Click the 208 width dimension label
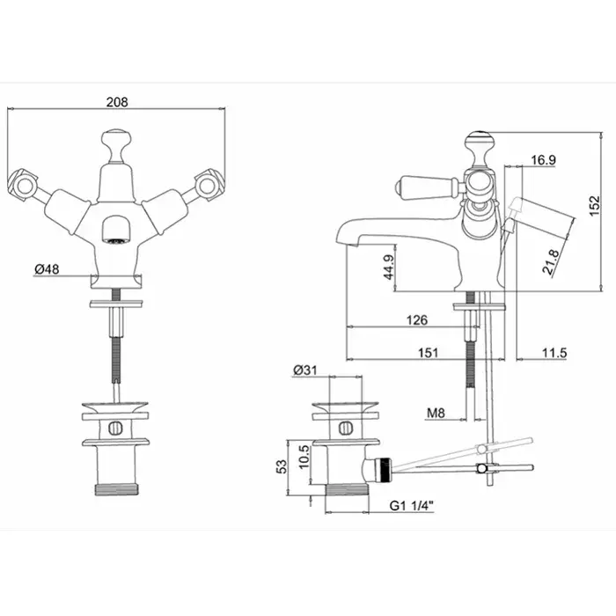click(x=117, y=102)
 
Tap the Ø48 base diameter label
click(x=47, y=269)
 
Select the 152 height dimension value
click(x=595, y=205)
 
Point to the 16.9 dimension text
click(x=543, y=160)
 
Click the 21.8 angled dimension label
click(x=550, y=261)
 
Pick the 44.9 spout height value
click(x=389, y=268)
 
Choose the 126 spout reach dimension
click(x=417, y=320)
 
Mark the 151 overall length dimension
click(x=428, y=352)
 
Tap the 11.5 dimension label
click(x=554, y=353)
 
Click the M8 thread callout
click(x=436, y=413)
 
